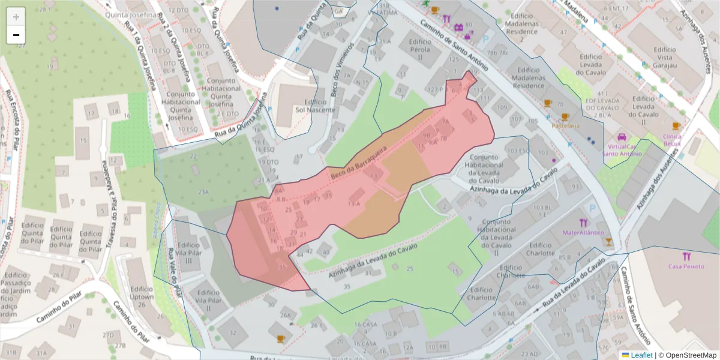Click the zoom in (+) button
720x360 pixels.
coord(16,17)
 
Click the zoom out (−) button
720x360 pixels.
coord(16,35)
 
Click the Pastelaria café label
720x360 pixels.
coord(566,126)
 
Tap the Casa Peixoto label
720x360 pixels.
coord(687,266)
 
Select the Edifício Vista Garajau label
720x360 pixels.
coord(665,58)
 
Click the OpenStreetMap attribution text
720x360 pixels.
coord(687,355)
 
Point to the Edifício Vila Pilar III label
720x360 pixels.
coord(189,253)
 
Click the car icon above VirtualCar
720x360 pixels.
coord(622,136)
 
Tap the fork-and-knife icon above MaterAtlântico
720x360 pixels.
coord(584,223)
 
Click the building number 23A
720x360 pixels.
coord(203,192)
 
